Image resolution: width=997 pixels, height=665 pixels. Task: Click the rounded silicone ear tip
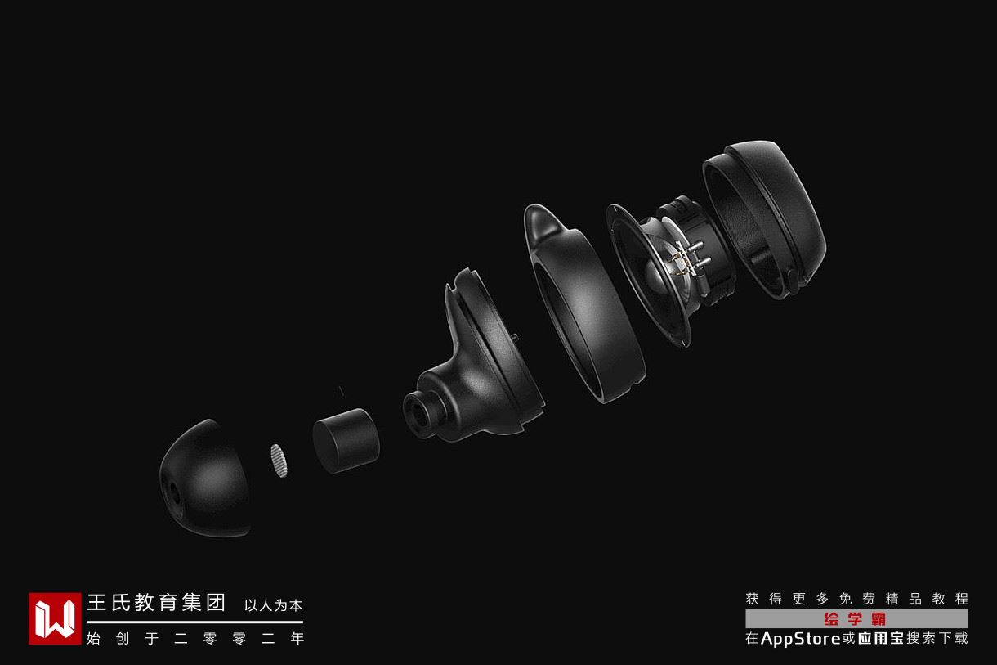coord(205,479)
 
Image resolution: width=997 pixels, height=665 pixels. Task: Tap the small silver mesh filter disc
coord(279,461)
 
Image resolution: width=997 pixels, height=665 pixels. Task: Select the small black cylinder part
coord(346,440)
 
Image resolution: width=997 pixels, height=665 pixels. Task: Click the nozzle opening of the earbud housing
coord(417,413)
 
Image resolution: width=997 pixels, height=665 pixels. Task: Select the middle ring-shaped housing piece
coord(583,303)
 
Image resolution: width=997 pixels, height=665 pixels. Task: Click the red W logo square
coord(55,618)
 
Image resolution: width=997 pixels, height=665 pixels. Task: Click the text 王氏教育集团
coord(156,603)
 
